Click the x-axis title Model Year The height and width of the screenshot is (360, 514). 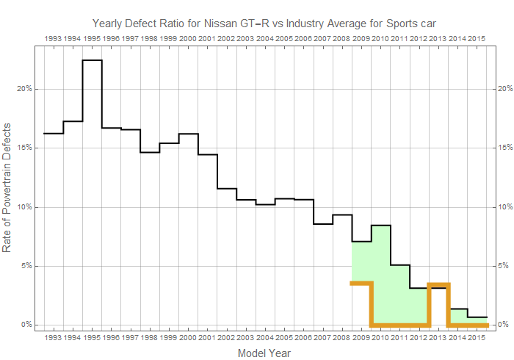pos(264,353)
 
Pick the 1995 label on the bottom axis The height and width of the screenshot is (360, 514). pos(92,338)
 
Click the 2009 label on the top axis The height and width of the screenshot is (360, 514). pos(361,37)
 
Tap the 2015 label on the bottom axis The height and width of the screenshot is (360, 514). pos(477,338)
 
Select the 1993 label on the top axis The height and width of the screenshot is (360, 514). pos(53,37)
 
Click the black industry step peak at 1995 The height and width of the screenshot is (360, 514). pos(92,60)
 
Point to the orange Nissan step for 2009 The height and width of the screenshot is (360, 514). pos(361,283)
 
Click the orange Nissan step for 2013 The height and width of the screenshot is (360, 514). pos(438,284)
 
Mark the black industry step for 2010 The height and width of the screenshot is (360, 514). pos(381,226)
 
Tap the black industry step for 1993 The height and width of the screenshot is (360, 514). pos(53,134)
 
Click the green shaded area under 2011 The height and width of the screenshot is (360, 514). pos(400,294)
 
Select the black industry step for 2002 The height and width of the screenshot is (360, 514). pos(226,189)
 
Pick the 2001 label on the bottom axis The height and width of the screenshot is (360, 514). pos(207,338)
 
